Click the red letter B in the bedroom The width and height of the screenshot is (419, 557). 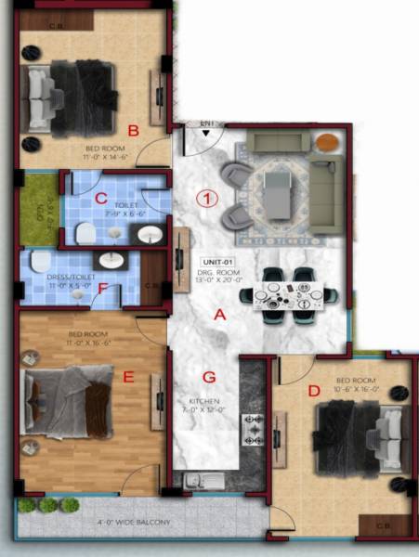pos(134,131)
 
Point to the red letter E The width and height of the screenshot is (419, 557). pos(129,376)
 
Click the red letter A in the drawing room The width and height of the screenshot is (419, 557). pos(220,315)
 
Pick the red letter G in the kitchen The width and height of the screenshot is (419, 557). pos(209,377)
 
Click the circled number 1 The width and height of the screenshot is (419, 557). pos(209,198)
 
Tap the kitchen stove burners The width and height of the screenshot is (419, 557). pos(252,429)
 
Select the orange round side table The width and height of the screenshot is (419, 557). pos(327,143)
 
